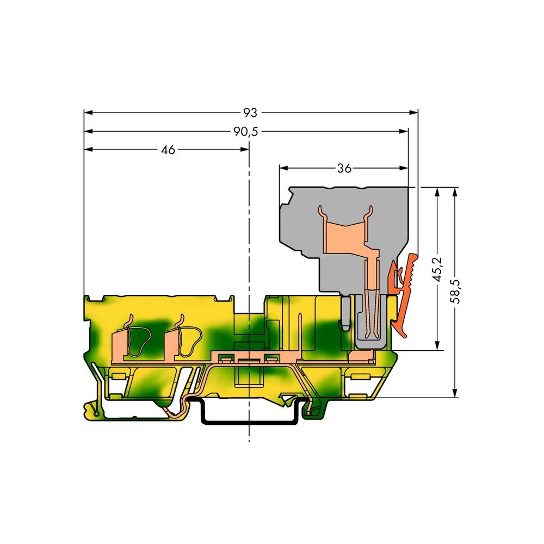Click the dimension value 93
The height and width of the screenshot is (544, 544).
click(250, 113)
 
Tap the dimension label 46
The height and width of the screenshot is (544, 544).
click(168, 150)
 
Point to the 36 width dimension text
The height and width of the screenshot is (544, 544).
click(343, 168)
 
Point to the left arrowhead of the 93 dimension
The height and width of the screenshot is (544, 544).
click(88, 113)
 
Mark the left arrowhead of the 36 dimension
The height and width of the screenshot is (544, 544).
click(283, 168)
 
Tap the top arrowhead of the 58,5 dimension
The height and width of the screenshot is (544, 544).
click(456, 191)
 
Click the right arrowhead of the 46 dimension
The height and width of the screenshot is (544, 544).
click(245, 150)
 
